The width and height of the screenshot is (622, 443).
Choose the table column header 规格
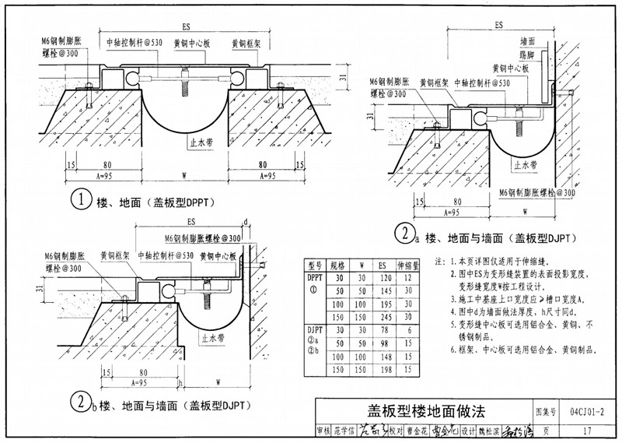pyautogui.click(x=338, y=264)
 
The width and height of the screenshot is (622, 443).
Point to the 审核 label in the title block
pyautogui.click(x=323, y=431)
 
